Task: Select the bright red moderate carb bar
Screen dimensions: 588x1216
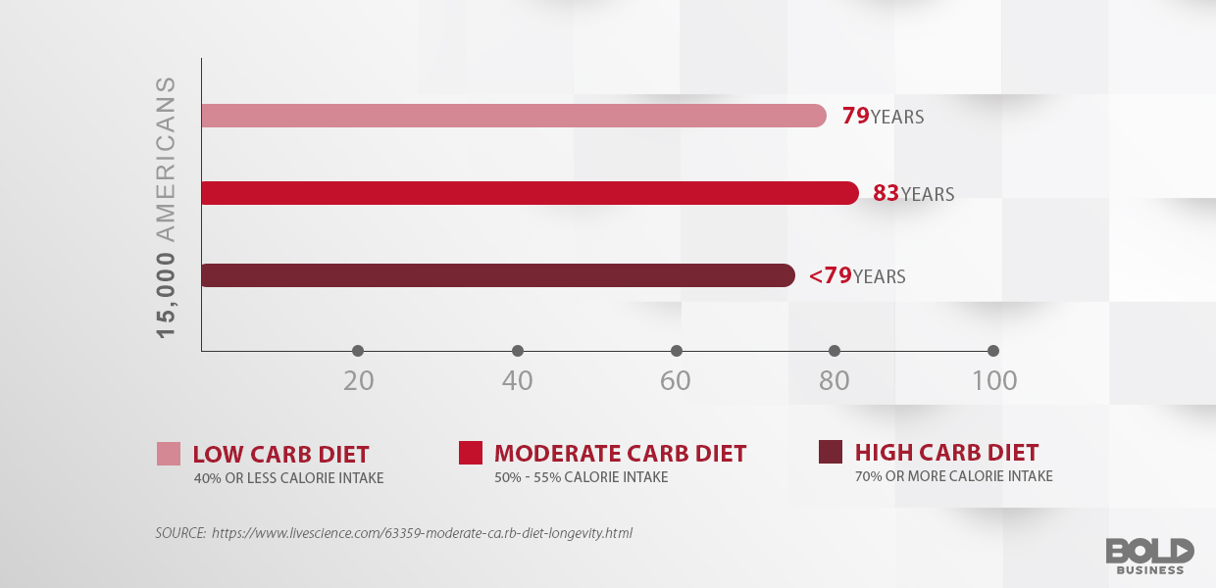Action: click(530, 193)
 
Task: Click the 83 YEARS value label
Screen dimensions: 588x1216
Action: click(913, 194)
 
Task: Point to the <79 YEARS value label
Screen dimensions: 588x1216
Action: click(857, 276)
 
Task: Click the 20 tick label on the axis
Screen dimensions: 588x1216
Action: click(359, 381)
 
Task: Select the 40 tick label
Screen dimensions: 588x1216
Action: click(517, 381)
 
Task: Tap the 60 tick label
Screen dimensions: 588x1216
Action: click(676, 381)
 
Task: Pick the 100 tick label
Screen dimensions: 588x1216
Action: click(994, 381)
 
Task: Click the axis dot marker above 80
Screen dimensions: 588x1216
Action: click(835, 351)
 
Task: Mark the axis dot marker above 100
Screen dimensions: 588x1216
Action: click(993, 351)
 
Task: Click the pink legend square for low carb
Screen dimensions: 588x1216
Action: click(169, 453)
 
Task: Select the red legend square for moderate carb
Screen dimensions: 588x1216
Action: click(471, 452)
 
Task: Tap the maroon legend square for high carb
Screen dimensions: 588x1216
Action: click(831, 452)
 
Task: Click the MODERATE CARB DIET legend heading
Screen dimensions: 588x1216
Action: click(620, 454)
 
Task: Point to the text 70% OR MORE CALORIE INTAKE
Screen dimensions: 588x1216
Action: click(953, 476)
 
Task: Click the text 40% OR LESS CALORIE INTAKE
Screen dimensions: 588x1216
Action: click(288, 478)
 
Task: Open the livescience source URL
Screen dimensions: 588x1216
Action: click(422, 533)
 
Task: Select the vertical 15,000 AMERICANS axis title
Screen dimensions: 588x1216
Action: click(167, 207)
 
